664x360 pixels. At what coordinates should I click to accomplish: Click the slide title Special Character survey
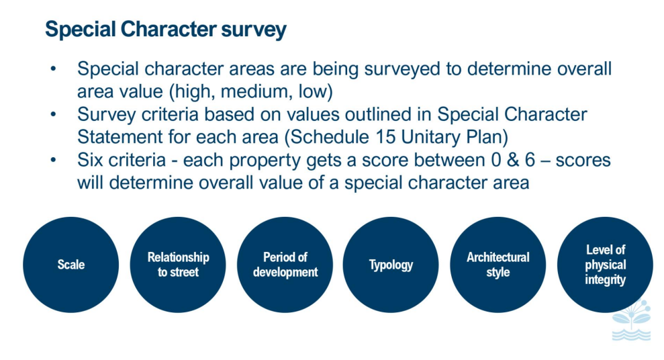(166, 30)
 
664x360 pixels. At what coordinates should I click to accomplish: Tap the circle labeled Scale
(70, 265)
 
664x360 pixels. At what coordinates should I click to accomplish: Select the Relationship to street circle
(178, 265)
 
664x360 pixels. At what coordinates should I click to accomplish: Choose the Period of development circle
(285, 265)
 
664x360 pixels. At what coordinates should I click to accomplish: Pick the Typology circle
(391, 265)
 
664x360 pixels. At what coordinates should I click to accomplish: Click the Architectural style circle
(498, 265)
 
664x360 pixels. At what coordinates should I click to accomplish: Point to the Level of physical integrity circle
(605, 265)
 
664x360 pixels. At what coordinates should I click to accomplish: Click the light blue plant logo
(631, 320)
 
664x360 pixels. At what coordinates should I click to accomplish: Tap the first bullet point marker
(53, 69)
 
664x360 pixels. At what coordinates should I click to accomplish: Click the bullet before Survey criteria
(53, 114)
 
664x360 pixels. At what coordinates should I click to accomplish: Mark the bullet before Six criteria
(53, 160)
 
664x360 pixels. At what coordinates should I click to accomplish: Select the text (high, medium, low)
(251, 92)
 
